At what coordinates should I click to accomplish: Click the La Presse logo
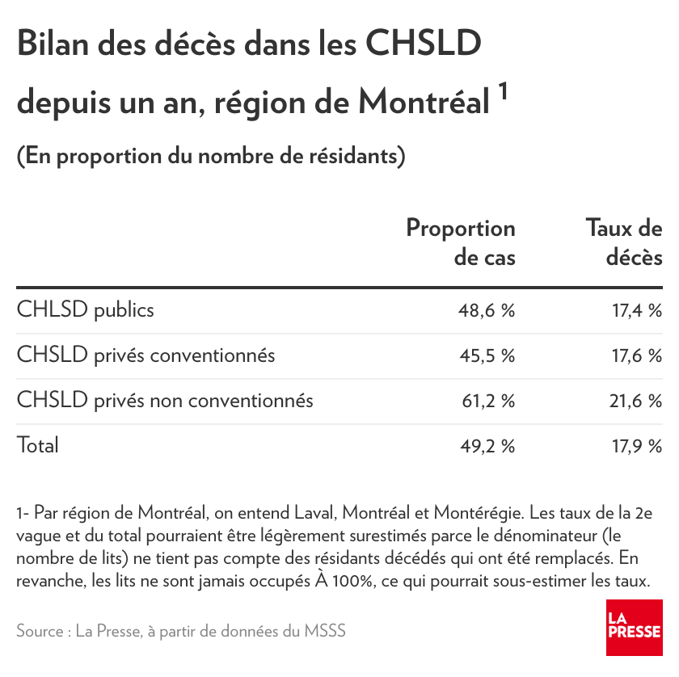point(634,628)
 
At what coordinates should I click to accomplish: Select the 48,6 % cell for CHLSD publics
point(488,310)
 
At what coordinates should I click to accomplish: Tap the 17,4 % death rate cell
point(636,310)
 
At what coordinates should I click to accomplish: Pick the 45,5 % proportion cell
point(488,355)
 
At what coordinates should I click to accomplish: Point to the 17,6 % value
point(636,355)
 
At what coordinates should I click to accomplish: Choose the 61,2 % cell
point(488,401)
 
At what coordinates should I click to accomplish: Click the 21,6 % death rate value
point(636,401)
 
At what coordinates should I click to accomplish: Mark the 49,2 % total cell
point(488,446)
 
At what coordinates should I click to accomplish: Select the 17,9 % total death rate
point(636,446)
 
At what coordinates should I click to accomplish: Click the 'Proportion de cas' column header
point(461,242)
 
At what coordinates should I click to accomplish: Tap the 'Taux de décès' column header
point(624,242)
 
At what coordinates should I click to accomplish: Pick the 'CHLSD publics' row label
point(85,309)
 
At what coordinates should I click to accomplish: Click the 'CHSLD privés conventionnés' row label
point(145,355)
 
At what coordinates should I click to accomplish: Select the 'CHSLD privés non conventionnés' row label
point(165,400)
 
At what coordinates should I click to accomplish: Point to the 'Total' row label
point(38,445)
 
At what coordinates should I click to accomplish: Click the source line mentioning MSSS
point(181,630)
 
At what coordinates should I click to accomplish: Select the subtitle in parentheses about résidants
point(211,155)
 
